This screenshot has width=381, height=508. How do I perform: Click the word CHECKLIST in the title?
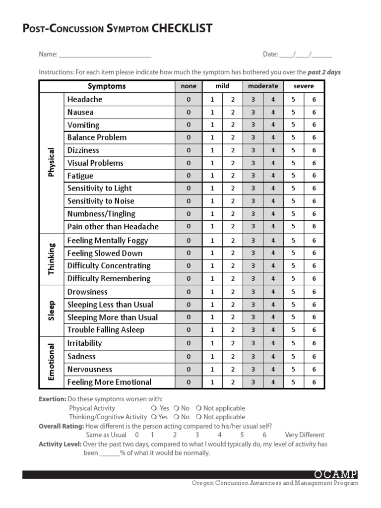[x=182, y=28]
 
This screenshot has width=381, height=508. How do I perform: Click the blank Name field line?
[x=105, y=55]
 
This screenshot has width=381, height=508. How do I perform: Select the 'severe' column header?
[x=303, y=86]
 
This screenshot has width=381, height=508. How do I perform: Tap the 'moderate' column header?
[x=263, y=86]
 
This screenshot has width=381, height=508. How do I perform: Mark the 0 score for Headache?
[x=189, y=99]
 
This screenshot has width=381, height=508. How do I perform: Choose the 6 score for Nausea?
[x=314, y=112]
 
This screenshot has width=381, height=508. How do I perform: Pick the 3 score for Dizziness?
[x=253, y=150]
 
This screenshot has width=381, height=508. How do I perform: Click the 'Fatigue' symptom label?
[x=80, y=176]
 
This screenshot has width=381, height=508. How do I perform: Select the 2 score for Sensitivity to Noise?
[x=233, y=201]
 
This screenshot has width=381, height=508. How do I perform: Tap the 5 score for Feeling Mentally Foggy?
[x=293, y=240]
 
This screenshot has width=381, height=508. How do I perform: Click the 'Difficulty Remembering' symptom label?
[x=109, y=278]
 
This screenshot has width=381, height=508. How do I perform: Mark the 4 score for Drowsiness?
[x=273, y=292]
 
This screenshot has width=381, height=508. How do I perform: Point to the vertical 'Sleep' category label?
[x=51, y=311]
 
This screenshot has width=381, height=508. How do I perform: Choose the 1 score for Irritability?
[x=212, y=343]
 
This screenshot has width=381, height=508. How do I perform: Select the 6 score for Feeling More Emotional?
[x=314, y=382]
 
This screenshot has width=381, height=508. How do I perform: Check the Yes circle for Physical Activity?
[x=154, y=408]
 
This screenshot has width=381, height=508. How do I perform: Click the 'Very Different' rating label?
[x=305, y=435]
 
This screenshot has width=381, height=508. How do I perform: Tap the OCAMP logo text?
[x=335, y=475]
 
